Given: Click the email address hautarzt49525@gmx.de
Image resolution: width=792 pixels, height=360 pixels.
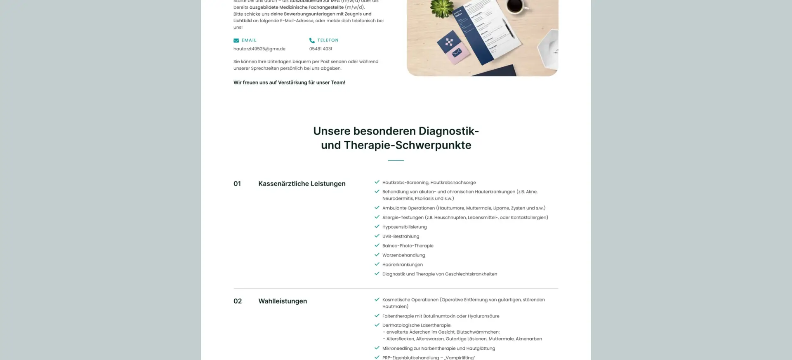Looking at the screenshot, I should point(259,49).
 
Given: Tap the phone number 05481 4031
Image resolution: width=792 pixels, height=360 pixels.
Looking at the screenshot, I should point(321,49).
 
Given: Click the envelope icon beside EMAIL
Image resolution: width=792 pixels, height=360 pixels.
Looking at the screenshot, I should point(236,40).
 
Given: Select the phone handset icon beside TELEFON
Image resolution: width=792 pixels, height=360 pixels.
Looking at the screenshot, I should point(312,40).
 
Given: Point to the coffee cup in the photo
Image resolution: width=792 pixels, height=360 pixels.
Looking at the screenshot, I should point(514,6).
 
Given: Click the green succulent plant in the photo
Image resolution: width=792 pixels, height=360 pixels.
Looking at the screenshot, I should point(443,7).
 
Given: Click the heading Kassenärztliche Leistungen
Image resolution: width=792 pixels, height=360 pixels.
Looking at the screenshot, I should point(302,184).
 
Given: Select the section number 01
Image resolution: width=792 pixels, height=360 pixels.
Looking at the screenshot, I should point(237,184).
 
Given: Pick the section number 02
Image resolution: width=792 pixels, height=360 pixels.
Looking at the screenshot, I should point(238,301).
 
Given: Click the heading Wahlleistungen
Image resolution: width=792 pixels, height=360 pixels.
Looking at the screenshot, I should point(283,301).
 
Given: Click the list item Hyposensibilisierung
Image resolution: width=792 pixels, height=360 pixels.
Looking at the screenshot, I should point(404,227).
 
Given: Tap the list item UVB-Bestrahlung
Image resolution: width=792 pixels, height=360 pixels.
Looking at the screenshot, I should point(401,236).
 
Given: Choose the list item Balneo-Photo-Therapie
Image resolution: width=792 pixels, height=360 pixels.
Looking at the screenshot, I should point(408,246).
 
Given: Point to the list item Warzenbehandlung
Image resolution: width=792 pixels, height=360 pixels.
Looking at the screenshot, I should point(403,255).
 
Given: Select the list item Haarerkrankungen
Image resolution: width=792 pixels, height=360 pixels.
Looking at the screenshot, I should point(402,265).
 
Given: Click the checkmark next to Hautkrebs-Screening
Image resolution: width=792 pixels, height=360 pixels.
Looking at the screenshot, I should point(377,182).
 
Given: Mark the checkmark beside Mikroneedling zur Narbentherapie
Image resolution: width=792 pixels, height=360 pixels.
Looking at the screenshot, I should point(377,348).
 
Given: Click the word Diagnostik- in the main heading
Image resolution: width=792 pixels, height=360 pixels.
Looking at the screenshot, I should point(448,131).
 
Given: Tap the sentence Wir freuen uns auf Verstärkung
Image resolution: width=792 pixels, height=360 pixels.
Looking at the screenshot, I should point(289,82).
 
